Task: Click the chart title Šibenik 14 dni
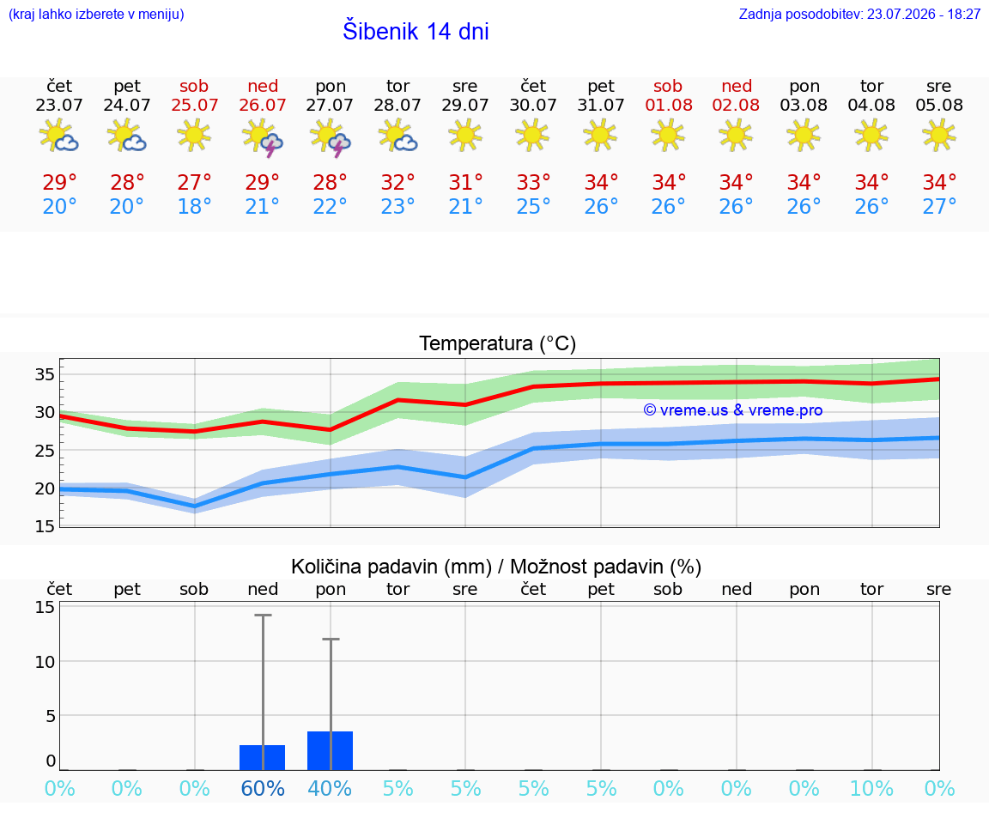point(416,31)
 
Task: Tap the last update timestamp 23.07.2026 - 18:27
point(924,14)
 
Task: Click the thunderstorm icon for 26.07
point(263,136)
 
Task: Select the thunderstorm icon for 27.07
point(331,136)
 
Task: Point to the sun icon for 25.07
point(194,135)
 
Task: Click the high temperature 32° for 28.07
point(398,182)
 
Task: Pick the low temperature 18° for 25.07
point(194,206)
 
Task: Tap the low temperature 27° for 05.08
point(939,206)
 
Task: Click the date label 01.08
point(669,105)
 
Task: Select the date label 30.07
point(533,105)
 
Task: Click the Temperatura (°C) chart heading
point(498,343)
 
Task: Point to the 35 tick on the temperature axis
point(45,374)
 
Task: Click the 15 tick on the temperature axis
point(45,526)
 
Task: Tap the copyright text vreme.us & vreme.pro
point(733,410)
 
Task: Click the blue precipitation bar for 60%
point(263,757)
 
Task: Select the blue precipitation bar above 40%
point(330,750)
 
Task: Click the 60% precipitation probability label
point(263,788)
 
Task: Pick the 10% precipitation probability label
point(871,788)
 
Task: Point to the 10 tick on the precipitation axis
point(45,662)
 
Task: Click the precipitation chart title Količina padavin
point(391,567)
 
